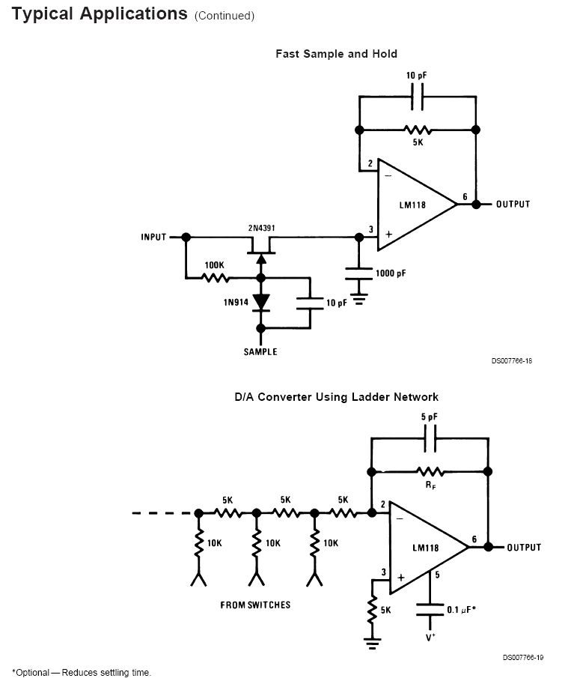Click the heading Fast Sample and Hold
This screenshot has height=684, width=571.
pyautogui.click(x=336, y=54)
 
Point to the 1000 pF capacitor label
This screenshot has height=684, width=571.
pyautogui.click(x=391, y=274)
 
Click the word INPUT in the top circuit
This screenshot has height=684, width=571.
pyautogui.click(x=153, y=237)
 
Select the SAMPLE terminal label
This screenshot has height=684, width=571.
pyautogui.click(x=260, y=352)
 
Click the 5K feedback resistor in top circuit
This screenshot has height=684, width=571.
pyautogui.click(x=417, y=130)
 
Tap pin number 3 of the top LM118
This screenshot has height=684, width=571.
pyautogui.click(x=370, y=231)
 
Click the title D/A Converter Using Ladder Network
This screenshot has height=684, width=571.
pyautogui.click(x=336, y=397)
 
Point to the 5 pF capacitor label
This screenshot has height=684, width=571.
pyautogui.click(x=430, y=417)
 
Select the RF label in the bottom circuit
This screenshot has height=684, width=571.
pyautogui.click(x=430, y=485)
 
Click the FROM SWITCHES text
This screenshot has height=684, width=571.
pyautogui.click(x=255, y=605)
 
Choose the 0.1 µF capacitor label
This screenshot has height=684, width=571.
pyautogui.click(x=462, y=610)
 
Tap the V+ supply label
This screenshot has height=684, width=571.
pyautogui.click(x=430, y=637)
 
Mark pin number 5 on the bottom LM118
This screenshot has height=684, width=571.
pyautogui.click(x=436, y=576)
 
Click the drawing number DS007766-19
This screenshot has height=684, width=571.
pyautogui.click(x=522, y=658)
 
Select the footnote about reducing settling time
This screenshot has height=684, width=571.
pyautogui.click(x=82, y=673)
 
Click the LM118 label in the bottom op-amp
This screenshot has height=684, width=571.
pyautogui.click(x=425, y=548)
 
